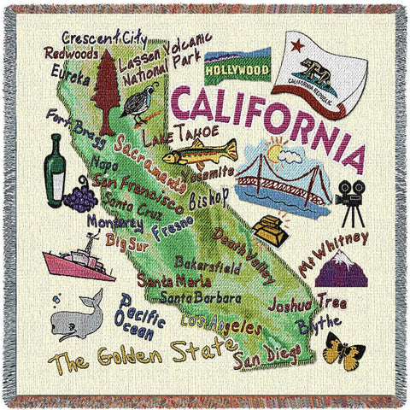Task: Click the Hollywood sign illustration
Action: pos(237,65)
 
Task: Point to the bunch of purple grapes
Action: pos(81,198)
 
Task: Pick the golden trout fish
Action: pos(199,155)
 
